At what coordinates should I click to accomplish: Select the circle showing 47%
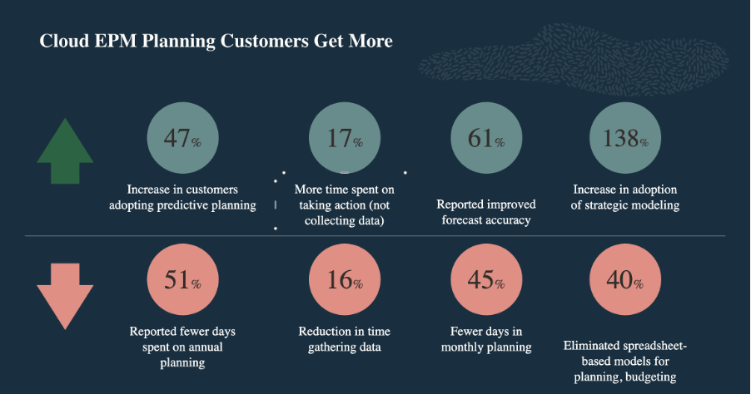point(182,138)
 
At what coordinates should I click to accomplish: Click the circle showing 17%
point(345,138)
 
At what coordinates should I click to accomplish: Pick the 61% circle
point(486,138)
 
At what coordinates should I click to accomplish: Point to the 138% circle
point(625,138)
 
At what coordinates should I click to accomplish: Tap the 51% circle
point(182,279)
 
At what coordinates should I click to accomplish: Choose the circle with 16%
point(345,279)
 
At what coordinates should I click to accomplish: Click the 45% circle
point(486,279)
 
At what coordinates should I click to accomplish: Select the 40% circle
point(625,279)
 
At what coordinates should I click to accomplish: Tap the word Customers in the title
point(265,41)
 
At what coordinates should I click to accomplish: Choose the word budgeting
point(651,377)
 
